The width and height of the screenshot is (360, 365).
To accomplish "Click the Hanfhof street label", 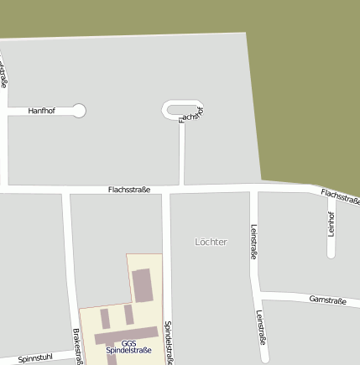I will click(41, 111).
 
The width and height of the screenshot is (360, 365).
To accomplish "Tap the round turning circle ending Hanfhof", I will click(79, 111).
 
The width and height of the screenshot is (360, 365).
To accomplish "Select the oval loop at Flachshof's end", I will click(182, 109).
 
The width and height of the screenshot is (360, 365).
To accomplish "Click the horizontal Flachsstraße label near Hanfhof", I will click(129, 190).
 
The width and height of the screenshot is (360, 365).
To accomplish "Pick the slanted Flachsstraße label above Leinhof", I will click(340, 196).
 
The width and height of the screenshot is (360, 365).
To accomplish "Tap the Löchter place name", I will click(211, 242).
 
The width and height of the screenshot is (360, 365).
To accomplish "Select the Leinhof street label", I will click(331, 222).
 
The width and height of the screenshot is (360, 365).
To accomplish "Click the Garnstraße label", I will click(327, 300).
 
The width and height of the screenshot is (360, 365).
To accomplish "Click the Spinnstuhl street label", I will click(35, 357).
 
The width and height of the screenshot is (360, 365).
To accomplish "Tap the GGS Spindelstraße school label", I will click(128, 347).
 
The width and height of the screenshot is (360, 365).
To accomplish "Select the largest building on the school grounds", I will click(142, 285).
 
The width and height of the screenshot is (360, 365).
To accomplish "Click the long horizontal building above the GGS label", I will click(126, 334).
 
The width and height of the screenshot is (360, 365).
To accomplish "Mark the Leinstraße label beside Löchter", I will click(253, 241).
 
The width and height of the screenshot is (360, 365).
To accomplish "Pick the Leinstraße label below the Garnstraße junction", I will click(260, 328).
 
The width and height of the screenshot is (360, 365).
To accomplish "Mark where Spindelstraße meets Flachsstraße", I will click(166, 190).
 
